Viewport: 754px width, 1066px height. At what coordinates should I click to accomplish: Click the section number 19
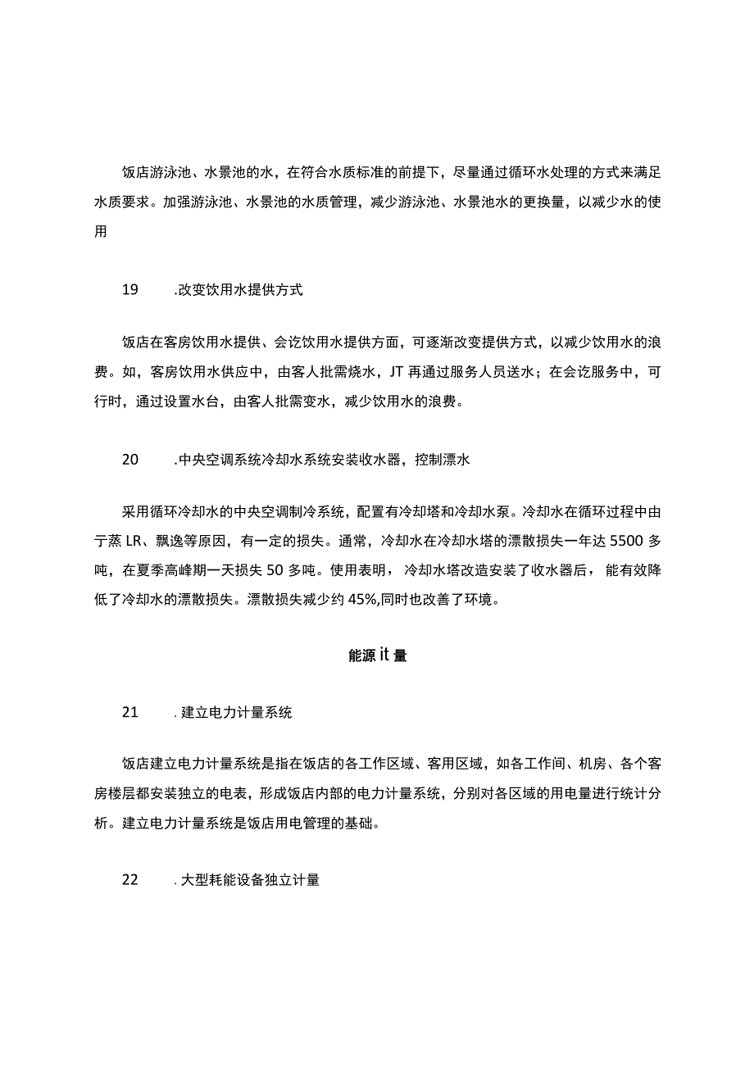click(x=130, y=289)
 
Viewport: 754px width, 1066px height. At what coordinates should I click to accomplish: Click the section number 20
click(x=130, y=460)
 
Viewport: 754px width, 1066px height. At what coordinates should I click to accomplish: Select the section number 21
click(x=130, y=712)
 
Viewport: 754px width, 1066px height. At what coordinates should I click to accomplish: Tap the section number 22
click(x=130, y=881)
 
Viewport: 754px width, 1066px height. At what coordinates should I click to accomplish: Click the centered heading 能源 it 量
click(x=377, y=655)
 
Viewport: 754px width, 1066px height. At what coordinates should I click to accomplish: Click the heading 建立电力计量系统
click(x=236, y=713)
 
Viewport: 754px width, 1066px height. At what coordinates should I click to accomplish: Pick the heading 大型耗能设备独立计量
click(x=250, y=882)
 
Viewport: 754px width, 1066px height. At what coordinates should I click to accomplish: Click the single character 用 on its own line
click(x=101, y=232)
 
